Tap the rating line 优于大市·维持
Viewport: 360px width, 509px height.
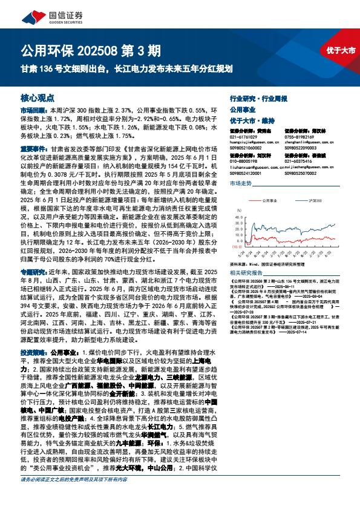252,120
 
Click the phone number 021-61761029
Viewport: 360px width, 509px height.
243,137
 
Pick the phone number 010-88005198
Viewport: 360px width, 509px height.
243,162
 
